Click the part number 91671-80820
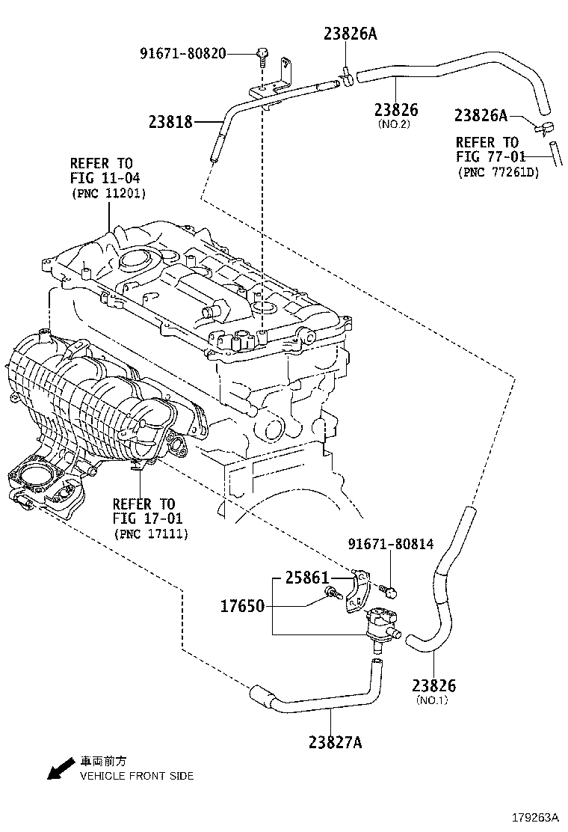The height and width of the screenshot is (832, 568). point(182,53)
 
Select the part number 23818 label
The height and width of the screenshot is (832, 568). point(170,121)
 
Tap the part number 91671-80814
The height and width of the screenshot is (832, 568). point(389,544)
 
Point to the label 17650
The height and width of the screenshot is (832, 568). point(242,606)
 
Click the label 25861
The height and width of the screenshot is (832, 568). point(306,578)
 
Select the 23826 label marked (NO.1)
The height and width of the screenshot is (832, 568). point(433,685)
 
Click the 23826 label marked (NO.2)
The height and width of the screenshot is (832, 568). point(396,110)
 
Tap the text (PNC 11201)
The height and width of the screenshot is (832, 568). point(108,193)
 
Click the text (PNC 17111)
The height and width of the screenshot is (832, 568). point(150,533)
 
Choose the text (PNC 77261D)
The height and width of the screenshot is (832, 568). point(498,172)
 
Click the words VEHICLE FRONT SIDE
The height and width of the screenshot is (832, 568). point(137,776)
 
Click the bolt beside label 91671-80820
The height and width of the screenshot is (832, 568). point(262,54)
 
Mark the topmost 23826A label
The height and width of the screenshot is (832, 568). point(351,33)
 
